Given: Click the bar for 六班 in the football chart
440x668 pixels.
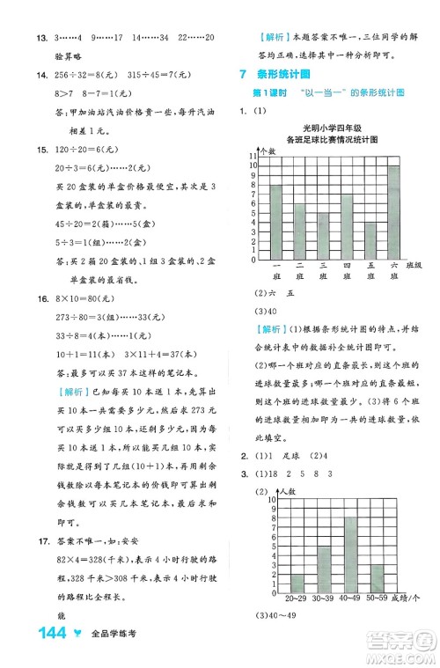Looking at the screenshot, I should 393,212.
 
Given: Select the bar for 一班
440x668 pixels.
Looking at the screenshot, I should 276,222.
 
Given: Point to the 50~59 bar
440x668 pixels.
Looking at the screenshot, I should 377,577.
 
